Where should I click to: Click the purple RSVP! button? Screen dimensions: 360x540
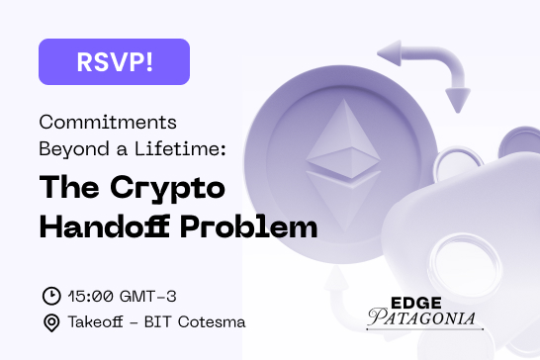pyautogui.click(x=113, y=61)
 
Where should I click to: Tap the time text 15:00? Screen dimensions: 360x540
pyautogui.click(x=90, y=295)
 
